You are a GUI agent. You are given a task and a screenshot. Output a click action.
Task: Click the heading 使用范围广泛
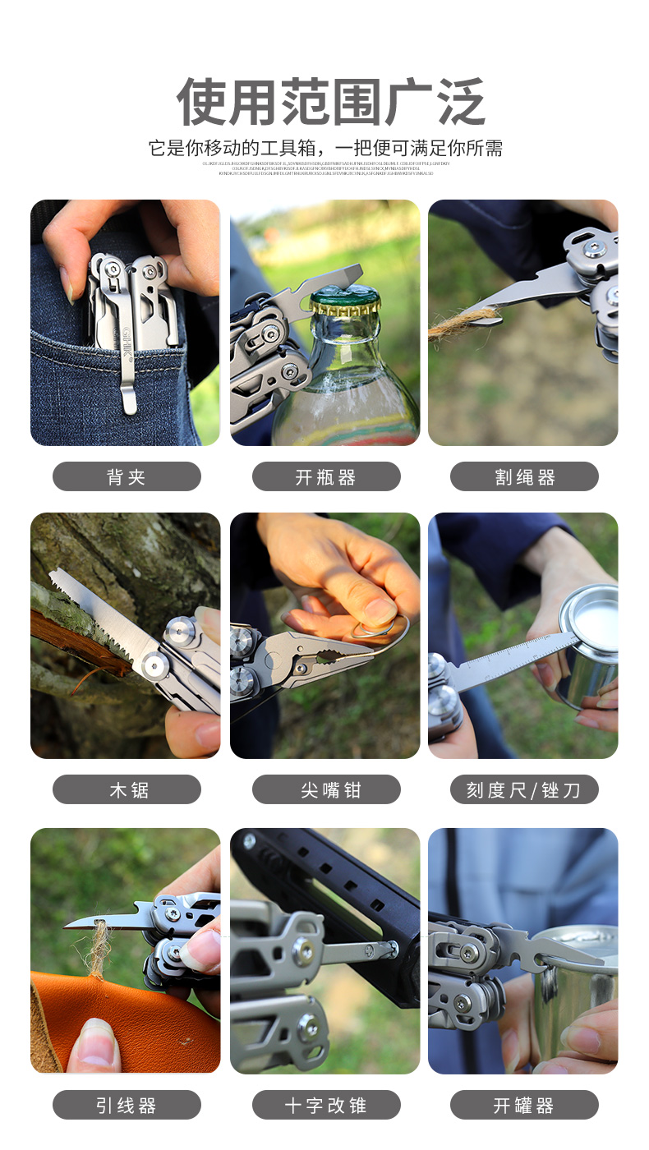coord(330,102)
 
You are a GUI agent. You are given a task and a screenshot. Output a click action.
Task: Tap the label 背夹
coord(127,477)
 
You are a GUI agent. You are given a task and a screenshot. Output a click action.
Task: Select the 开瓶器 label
coord(326,477)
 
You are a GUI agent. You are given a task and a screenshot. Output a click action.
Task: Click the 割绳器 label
coord(524,477)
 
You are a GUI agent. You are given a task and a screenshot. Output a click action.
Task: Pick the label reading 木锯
coord(127,790)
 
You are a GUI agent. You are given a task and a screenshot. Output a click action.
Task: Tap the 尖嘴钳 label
coord(326,790)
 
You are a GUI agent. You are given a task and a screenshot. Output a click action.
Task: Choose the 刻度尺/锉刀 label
coord(524,790)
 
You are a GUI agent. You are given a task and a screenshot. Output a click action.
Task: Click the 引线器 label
coord(127,1105)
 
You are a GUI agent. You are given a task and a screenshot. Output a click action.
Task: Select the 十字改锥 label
coord(326,1105)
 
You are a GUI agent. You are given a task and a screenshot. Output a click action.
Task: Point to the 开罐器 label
coord(524,1105)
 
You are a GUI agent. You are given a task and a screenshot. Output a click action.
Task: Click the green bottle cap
coord(344,300)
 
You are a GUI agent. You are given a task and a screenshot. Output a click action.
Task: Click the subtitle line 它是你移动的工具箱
coord(325,149)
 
